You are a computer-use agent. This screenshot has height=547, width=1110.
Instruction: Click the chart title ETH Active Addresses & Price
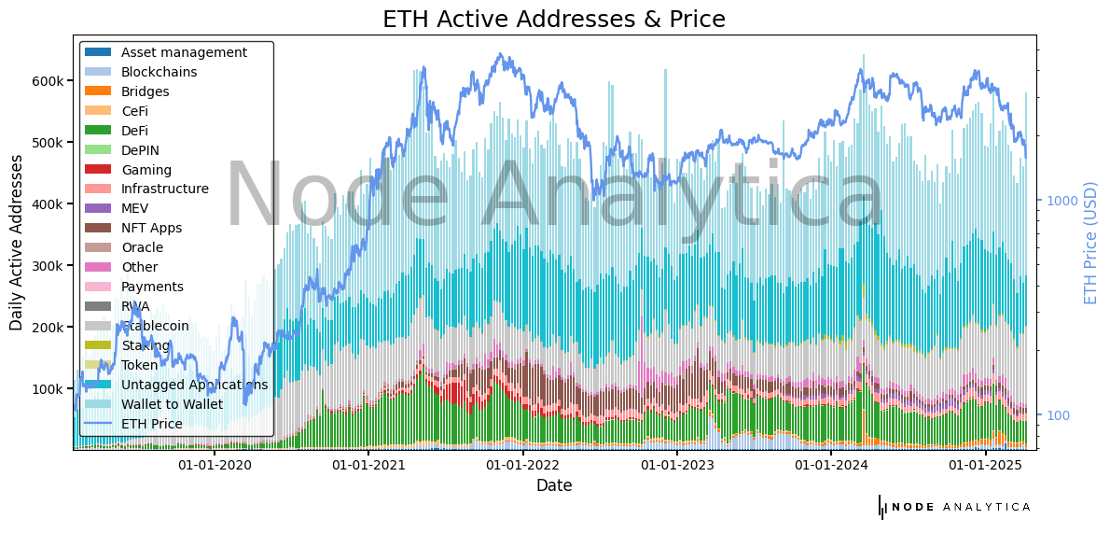point(554,19)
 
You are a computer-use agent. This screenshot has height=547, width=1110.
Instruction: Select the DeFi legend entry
point(134,131)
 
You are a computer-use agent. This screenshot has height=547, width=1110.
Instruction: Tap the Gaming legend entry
point(146,170)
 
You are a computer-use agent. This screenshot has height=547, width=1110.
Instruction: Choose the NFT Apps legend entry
point(151,228)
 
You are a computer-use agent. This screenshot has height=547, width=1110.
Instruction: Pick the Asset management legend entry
point(184,52)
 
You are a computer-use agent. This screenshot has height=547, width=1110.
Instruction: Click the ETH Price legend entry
point(151,424)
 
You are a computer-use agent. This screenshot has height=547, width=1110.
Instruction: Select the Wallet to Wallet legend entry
point(172,404)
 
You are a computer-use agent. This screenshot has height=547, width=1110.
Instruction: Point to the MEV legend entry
point(135,208)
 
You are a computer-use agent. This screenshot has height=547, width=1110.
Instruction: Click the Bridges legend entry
point(145,91)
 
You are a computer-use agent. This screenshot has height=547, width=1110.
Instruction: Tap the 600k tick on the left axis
point(48,81)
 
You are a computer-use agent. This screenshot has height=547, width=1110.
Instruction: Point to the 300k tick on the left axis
point(48,266)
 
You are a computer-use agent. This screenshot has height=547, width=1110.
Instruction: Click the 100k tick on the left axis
point(48,389)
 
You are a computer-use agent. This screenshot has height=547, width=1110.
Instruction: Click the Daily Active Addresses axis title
point(17,243)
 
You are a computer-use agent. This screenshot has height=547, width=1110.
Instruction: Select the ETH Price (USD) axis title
point(1090,243)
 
